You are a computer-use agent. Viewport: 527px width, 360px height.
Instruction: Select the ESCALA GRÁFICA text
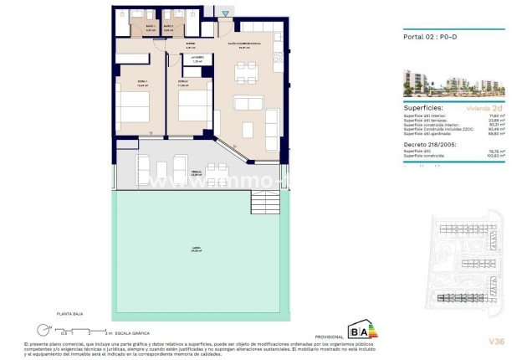[x=125, y=332]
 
